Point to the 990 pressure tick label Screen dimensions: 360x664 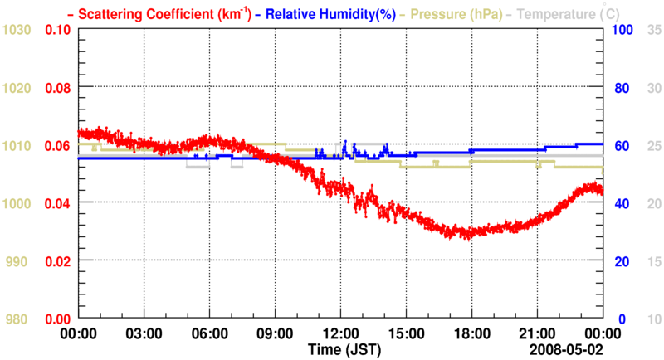pos(20,261)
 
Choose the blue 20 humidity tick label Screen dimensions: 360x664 pos(619,261)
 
